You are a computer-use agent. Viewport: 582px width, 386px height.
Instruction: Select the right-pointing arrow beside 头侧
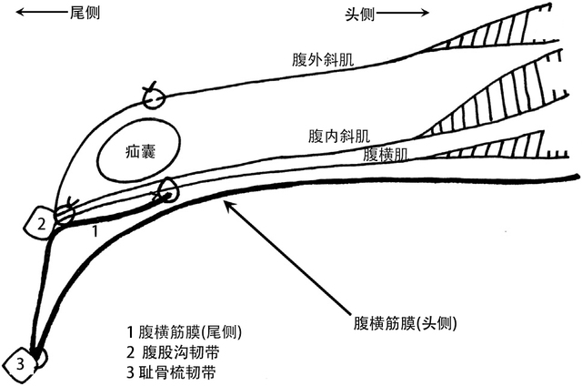406,13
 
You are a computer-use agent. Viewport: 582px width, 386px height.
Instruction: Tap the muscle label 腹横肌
384,154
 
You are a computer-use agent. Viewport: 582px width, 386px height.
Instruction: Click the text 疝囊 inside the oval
140,154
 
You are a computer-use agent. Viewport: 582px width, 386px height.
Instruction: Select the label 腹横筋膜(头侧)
404,323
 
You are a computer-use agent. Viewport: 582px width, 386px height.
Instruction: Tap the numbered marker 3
21,364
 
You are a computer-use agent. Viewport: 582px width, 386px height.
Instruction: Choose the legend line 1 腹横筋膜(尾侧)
189,331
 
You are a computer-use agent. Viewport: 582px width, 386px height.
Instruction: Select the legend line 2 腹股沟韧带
178,351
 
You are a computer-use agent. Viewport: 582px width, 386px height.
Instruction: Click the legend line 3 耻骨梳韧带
178,371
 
